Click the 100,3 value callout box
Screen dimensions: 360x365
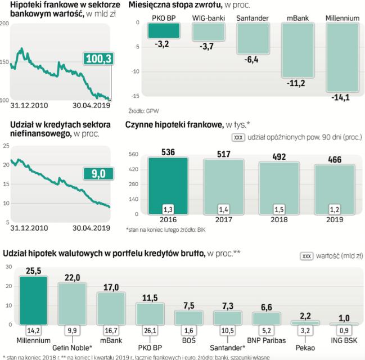coord(97,58)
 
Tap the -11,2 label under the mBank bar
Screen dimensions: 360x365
coord(296,84)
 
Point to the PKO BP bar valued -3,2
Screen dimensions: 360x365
coord(164,31)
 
